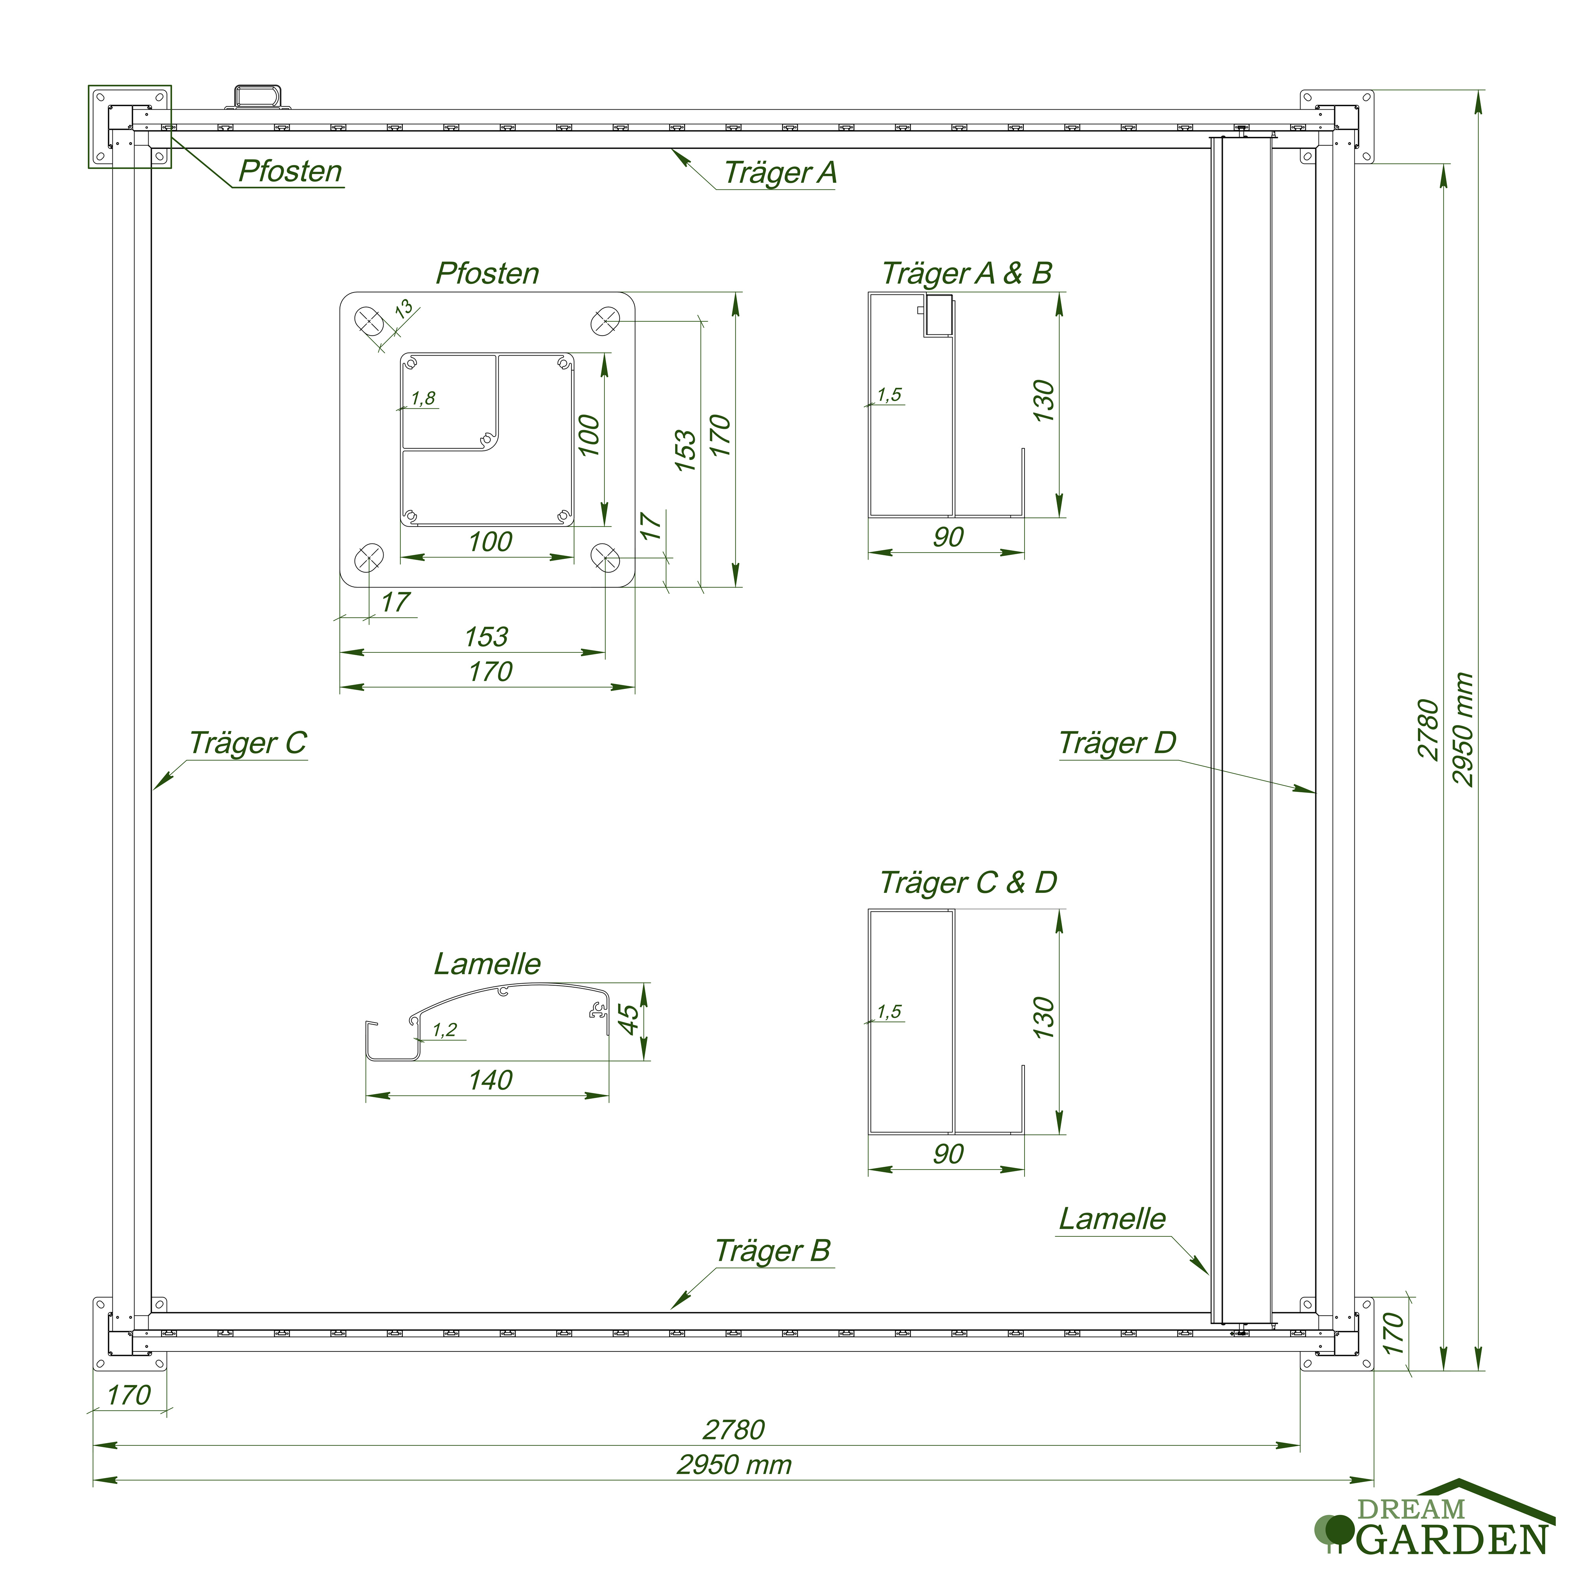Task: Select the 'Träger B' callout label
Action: tap(773, 1251)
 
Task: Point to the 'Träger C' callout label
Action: tap(248, 743)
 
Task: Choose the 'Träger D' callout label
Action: tap(1117, 743)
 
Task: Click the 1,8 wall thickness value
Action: tap(423, 398)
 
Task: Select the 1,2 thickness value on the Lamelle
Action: tap(444, 1029)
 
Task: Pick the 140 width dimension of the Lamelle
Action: tap(490, 1080)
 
